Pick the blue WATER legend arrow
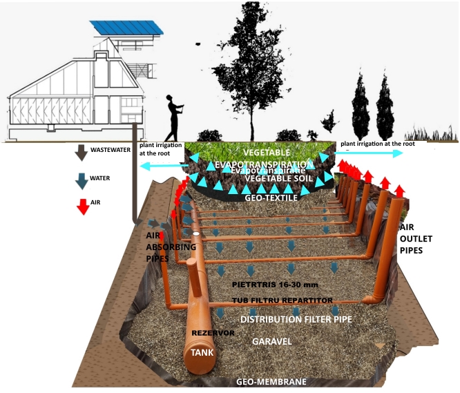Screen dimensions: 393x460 coord(82,181)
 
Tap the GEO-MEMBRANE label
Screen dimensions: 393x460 coord(271,381)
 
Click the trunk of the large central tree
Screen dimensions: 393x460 coord(251,117)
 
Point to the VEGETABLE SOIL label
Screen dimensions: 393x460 coord(274,178)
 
